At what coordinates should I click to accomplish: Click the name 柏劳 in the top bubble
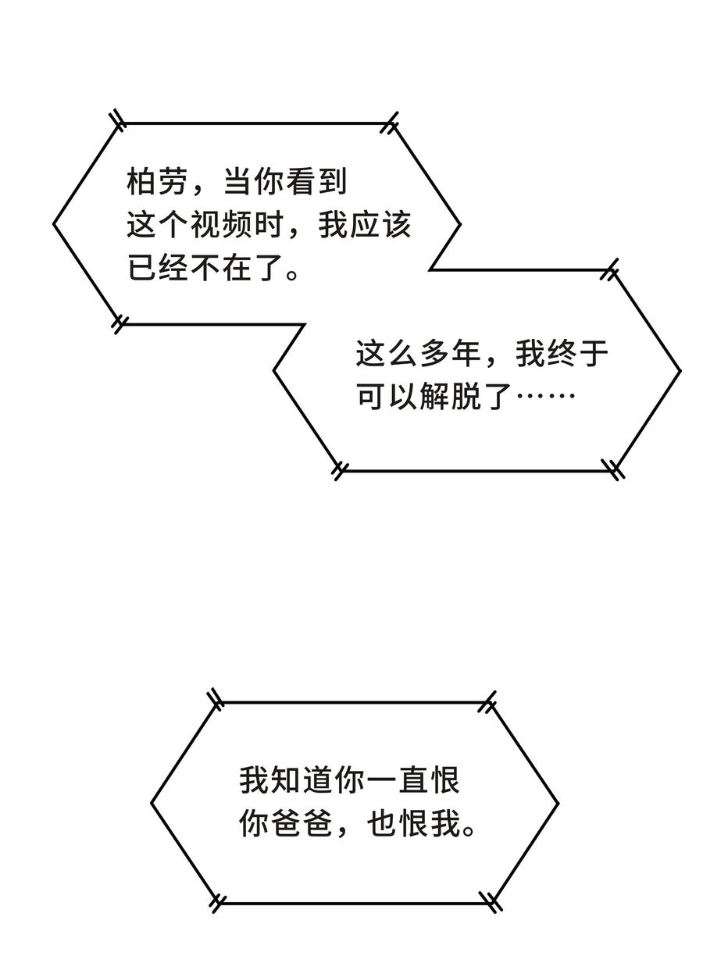pyautogui.click(x=157, y=184)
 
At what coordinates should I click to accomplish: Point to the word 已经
pyautogui.click(x=157, y=269)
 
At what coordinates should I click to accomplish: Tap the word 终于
pyautogui.click(x=577, y=354)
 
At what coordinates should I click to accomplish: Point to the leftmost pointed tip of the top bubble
pyautogui.click(x=54, y=225)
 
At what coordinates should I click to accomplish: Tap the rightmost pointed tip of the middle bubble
pyautogui.click(x=680, y=370)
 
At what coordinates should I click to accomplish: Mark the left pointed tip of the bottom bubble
pyautogui.click(x=152, y=802)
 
